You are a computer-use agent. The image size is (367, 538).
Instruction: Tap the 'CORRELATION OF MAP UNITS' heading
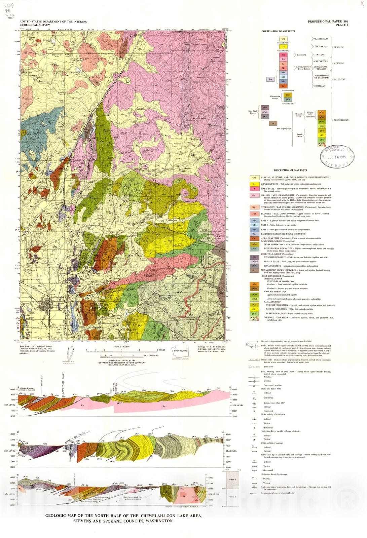click(x=278, y=31)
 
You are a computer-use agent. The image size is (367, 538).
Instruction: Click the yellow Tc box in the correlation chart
click(x=283, y=47)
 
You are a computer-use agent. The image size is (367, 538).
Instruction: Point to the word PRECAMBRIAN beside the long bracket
click(x=341, y=120)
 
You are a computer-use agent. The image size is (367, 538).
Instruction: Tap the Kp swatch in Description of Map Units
click(x=254, y=195)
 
